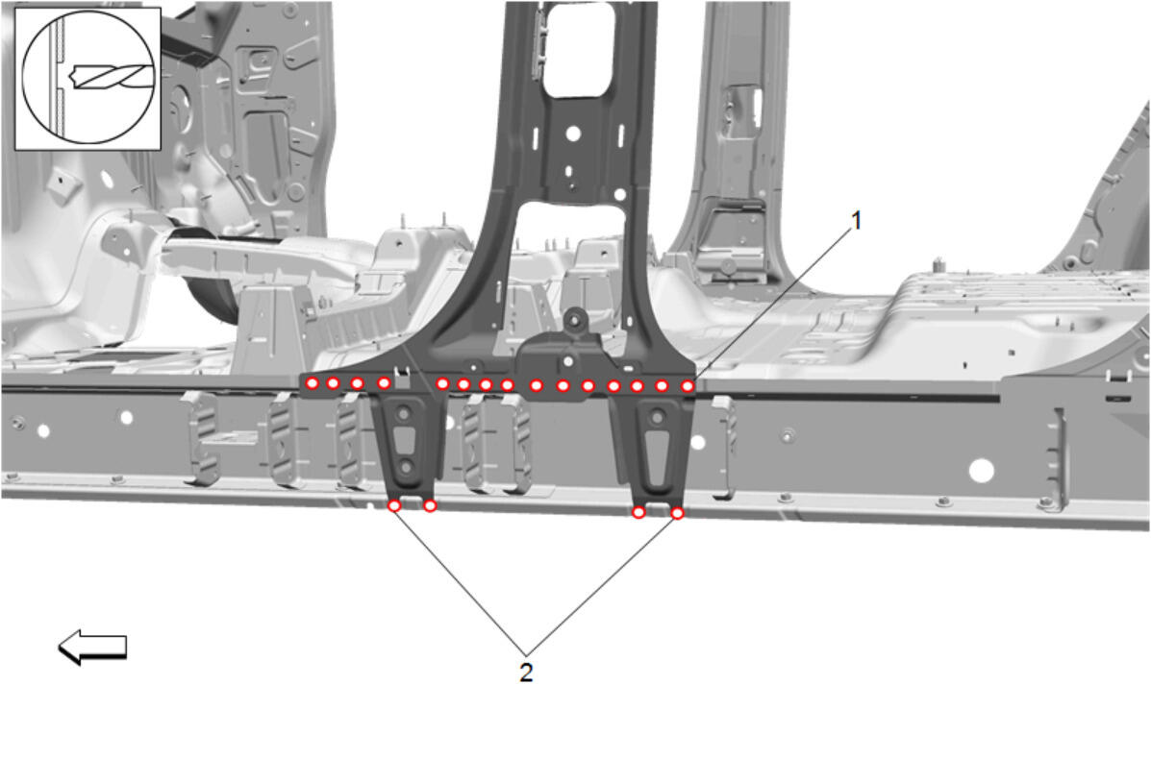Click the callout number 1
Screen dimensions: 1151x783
856,220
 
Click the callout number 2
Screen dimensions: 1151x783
526,673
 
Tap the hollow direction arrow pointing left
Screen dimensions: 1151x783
92,647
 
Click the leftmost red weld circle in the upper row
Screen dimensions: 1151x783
312,382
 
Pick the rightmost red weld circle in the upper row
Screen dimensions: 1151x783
688,385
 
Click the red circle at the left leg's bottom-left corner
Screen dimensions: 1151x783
394,505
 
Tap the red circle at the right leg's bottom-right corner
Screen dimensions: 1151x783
678,513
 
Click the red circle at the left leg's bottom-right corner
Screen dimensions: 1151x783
430,506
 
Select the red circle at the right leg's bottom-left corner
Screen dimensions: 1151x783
638,512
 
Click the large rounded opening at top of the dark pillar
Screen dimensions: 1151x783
578,50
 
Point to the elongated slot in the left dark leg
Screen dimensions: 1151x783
404,442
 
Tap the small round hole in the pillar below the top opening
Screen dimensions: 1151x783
572,135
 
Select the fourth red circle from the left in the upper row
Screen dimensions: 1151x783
383,382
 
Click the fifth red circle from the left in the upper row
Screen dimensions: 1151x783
442,383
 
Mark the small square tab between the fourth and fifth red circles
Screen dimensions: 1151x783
402,376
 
